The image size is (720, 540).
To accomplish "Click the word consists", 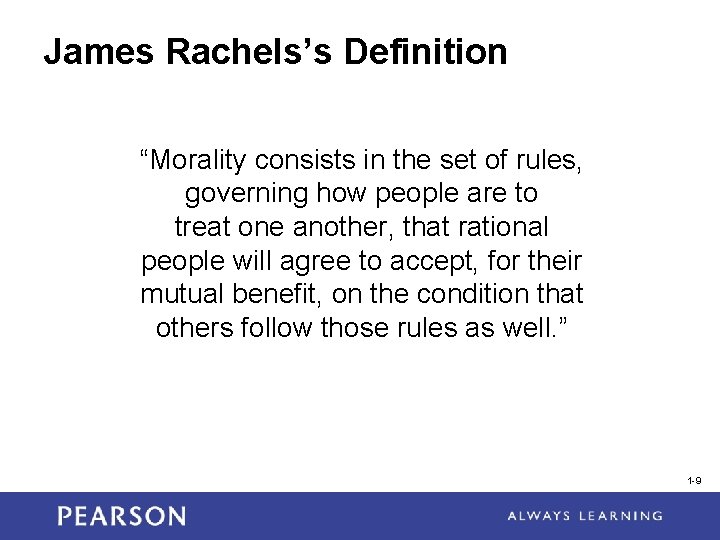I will click(300, 159).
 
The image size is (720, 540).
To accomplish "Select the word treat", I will click(202, 227).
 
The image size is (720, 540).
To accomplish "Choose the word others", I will click(195, 329).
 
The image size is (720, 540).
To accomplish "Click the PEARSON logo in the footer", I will click(121, 516).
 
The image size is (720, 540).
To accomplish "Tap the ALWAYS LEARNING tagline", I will click(584, 516).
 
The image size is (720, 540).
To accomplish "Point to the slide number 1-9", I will click(694, 481).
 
